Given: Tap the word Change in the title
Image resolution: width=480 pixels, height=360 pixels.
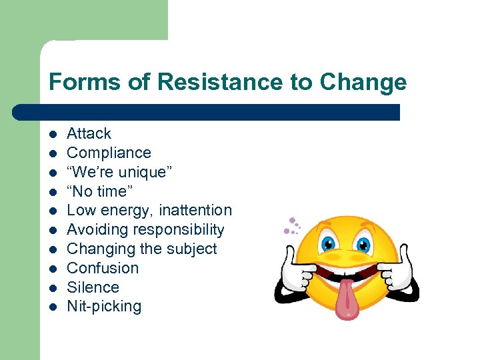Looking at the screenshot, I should [x=363, y=82].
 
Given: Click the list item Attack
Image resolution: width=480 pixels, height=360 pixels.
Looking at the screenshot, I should [x=89, y=133].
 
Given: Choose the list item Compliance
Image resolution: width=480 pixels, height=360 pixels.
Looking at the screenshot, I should [x=109, y=153].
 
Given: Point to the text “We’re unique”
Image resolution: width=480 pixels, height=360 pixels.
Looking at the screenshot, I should [x=119, y=172].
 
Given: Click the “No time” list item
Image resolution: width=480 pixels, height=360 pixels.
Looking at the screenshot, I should [x=99, y=191].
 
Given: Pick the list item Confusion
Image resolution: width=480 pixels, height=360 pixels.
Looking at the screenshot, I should [x=103, y=269].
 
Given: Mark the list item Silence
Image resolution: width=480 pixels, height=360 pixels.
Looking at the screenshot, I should [x=93, y=288].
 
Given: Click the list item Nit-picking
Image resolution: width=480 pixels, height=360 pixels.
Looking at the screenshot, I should [x=104, y=307].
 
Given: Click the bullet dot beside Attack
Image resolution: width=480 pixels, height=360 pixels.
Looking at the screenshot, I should [x=53, y=134].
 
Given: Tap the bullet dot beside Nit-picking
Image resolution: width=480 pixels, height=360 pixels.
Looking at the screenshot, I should [x=53, y=308].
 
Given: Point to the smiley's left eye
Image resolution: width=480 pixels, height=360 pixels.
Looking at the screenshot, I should [x=330, y=244].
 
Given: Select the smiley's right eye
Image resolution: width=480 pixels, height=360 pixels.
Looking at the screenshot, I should [x=363, y=244].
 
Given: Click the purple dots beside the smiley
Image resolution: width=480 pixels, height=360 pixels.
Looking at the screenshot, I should [x=291, y=227].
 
